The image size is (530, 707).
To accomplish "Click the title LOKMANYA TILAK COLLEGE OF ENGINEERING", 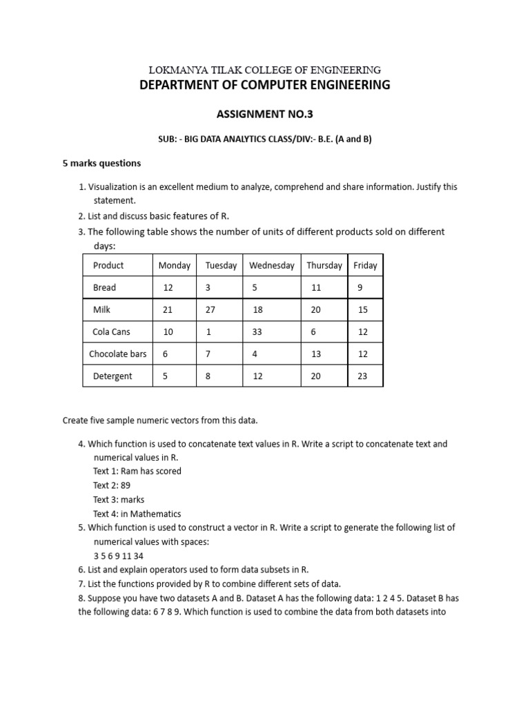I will pyautogui.click(x=266, y=70).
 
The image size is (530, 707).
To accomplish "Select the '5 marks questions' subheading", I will pyautogui.click(x=101, y=163).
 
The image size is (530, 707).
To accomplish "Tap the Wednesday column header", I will pyautogui.click(x=271, y=265).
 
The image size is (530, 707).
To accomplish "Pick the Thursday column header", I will pyautogui.click(x=324, y=265).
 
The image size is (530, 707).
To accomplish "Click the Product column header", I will pyautogui.click(x=108, y=265).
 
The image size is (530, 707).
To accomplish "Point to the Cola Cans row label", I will pyautogui.click(x=111, y=331).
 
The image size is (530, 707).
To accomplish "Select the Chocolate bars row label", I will pyautogui.click(x=117, y=353).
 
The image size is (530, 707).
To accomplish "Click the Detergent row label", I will pyautogui.click(x=112, y=376).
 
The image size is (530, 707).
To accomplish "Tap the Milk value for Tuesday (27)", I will pyautogui.click(x=210, y=310).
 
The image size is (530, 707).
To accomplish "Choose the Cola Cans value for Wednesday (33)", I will pyautogui.click(x=257, y=331).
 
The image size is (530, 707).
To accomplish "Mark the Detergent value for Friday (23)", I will pyautogui.click(x=362, y=376).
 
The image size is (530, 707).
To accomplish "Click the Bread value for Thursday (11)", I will pyautogui.click(x=316, y=287).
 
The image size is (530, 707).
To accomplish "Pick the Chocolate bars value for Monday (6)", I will pyautogui.click(x=165, y=353).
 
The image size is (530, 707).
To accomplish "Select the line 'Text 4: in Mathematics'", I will pyautogui.click(x=137, y=514).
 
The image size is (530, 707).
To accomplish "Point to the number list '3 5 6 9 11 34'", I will pyautogui.click(x=119, y=556).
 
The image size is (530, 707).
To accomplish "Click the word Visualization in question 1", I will pyautogui.click(x=116, y=187).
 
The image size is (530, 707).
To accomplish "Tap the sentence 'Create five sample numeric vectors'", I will pyautogui.click(x=159, y=420).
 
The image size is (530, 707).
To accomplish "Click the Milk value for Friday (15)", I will pyautogui.click(x=362, y=310).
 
